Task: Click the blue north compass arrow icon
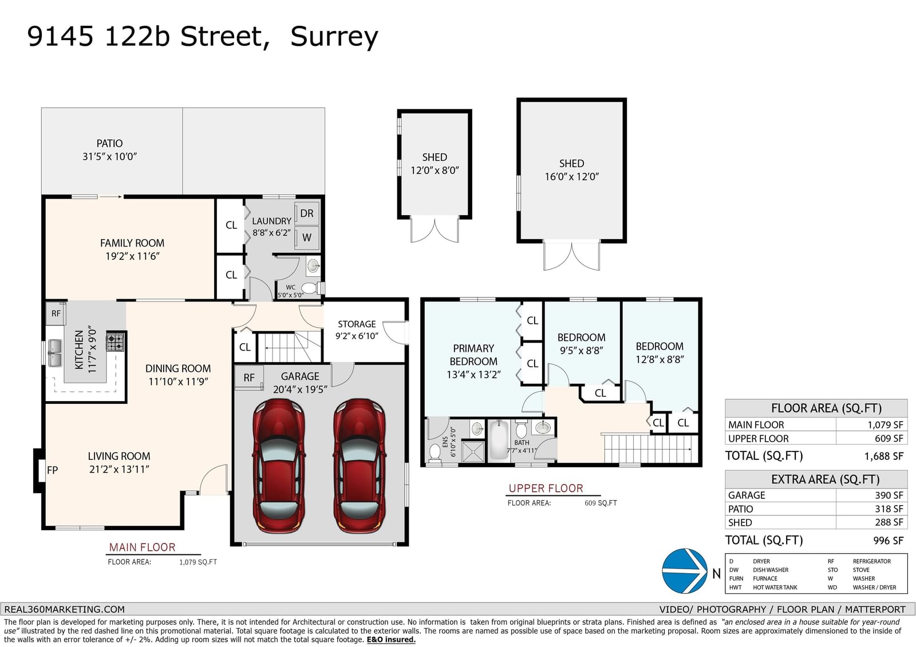point(685,571)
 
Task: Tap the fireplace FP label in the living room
point(52,470)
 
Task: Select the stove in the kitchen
point(115,342)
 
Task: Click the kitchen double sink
point(54,353)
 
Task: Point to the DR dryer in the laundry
point(307,213)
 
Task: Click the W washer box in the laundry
point(307,237)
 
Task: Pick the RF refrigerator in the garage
point(249,378)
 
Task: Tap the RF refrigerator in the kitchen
point(56,313)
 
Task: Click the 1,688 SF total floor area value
point(884,456)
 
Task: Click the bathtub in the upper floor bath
point(499,440)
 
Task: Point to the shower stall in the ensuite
point(473,451)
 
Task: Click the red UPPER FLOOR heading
point(546,488)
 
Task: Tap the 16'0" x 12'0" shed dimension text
point(572,177)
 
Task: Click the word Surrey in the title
point(334,37)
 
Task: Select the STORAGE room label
point(357,324)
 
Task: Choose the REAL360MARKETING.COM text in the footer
point(64,609)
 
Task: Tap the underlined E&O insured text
point(391,640)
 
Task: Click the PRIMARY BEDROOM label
point(473,355)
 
